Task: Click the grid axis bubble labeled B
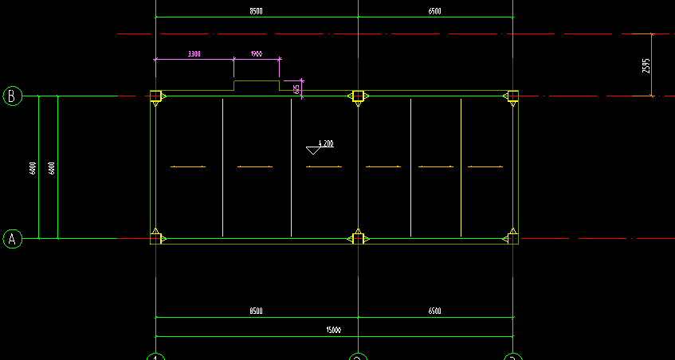pyautogui.click(x=12, y=96)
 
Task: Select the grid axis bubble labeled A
pyautogui.click(x=12, y=238)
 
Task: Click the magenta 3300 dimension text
pyautogui.click(x=194, y=54)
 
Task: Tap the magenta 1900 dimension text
pyautogui.click(x=256, y=54)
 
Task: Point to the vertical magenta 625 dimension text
pyautogui.click(x=296, y=88)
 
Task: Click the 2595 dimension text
pyautogui.click(x=646, y=65)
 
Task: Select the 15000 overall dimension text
pyautogui.click(x=333, y=330)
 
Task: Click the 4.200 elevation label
pyautogui.click(x=327, y=143)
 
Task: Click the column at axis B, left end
pyautogui.click(x=155, y=96)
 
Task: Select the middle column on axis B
pyautogui.click(x=358, y=96)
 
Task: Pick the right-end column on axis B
pyautogui.click(x=512, y=96)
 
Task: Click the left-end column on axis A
pyautogui.click(x=155, y=238)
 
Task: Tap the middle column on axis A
pyautogui.click(x=358, y=238)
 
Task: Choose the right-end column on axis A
pyautogui.click(x=512, y=238)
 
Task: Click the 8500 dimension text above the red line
pyautogui.click(x=255, y=11)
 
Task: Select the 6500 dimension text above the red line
pyautogui.click(x=434, y=11)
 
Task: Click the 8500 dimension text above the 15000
pyautogui.click(x=255, y=311)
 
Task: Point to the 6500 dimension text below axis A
pyautogui.click(x=434, y=311)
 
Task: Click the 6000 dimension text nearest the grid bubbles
pyautogui.click(x=33, y=168)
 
